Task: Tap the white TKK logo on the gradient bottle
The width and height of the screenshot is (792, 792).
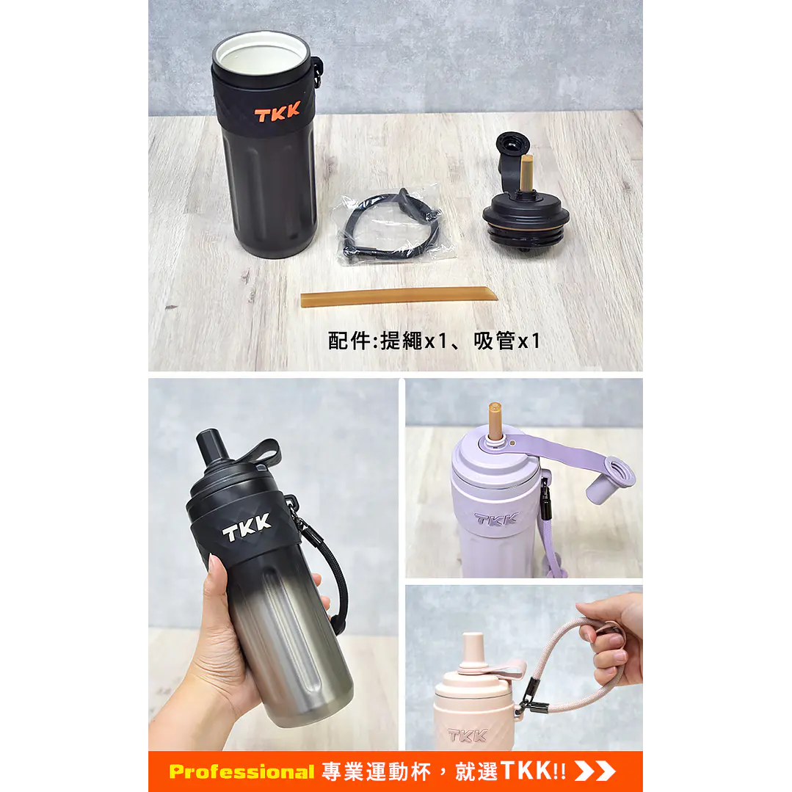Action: [247, 528]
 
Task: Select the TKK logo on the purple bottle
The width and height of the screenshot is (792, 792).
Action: [495, 519]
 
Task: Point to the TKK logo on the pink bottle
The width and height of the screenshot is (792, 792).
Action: [467, 735]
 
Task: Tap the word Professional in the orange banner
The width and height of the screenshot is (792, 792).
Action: [241, 771]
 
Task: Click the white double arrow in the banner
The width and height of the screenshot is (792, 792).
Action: [595, 771]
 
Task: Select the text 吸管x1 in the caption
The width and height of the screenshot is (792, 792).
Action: [507, 341]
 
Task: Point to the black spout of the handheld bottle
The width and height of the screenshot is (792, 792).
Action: [212, 448]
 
